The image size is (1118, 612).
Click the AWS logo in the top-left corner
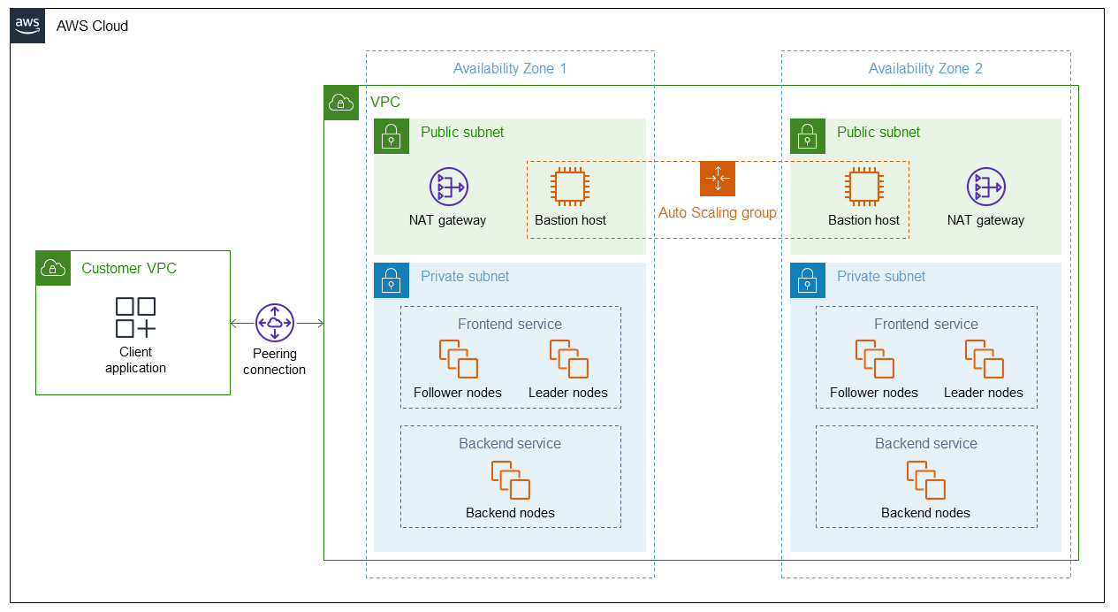tap(27, 26)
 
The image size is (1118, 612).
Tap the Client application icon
tap(135, 317)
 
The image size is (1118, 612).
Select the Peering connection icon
tap(274, 323)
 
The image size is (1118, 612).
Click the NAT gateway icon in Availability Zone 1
tap(448, 187)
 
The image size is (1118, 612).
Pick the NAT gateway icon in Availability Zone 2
tap(985, 187)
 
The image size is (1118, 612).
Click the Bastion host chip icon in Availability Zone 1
tap(570, 187)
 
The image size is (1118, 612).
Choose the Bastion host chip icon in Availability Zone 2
tap(863, 187)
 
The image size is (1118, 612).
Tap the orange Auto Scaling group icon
tap(717, 179)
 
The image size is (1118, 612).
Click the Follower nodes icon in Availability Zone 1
tap(458, 359)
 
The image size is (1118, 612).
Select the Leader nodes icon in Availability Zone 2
tap(984, 359)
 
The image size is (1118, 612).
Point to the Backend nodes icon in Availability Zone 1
tap(510, 480)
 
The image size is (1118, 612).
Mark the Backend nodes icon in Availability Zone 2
tap(925, 480)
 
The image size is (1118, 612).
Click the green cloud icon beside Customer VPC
tap(53, 268)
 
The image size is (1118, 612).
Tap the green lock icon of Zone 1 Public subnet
tap(391, 136)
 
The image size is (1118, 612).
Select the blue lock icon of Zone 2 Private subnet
tap(807, 280)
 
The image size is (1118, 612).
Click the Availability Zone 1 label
tap(509, 69)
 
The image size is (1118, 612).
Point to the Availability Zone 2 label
tap(924, 69)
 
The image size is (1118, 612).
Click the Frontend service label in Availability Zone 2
tap(925, 325)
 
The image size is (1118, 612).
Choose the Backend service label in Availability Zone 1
tap(510, 444)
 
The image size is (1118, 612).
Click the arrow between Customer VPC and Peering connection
tap(242, 324)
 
